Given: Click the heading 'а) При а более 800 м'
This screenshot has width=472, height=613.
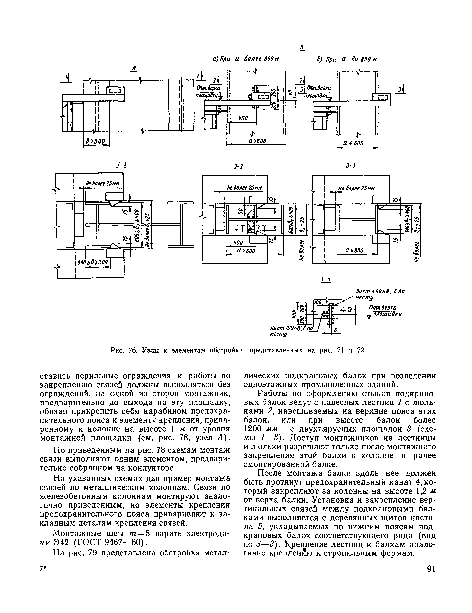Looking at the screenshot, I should click(247, 59).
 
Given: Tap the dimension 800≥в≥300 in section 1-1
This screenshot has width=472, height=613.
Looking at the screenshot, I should click(93, 262).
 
